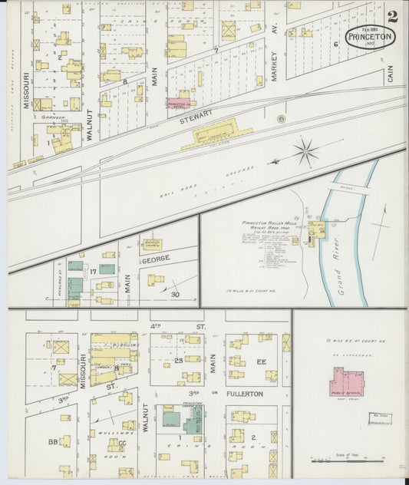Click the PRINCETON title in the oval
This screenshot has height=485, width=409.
[370, 36]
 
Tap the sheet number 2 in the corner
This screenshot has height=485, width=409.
[393, 17]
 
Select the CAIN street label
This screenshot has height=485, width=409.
[390, 74]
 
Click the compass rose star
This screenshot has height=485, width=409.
[305, 150]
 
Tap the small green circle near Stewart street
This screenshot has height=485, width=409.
[281, 119]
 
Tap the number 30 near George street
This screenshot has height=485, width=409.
[175, 295]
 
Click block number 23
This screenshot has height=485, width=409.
[176, 360]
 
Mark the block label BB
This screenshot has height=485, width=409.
[53, 442]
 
